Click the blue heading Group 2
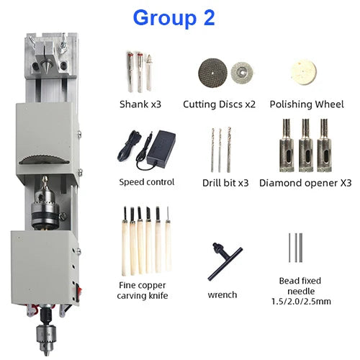(x=174, y=18)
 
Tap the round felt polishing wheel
(x=304, y=73)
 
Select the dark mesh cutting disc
(x=212, y=73)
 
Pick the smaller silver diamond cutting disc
(x=242, y=71)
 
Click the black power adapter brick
(x=161, y=147)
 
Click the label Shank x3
(x=140, y=104)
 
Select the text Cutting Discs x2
(x=219, y=104)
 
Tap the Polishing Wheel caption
(x=307, y=104)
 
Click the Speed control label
(x=147, y=182)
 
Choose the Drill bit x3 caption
(x=225, y=183)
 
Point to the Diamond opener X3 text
(x=305, y=183)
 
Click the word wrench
(x=222, y=294)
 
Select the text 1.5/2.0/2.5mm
(x=301, y=302)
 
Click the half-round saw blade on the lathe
(x=45, y=160)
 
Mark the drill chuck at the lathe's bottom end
(x=47, y=337)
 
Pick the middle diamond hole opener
(x=306, y=145)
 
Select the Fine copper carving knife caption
(x=143, y=290)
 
